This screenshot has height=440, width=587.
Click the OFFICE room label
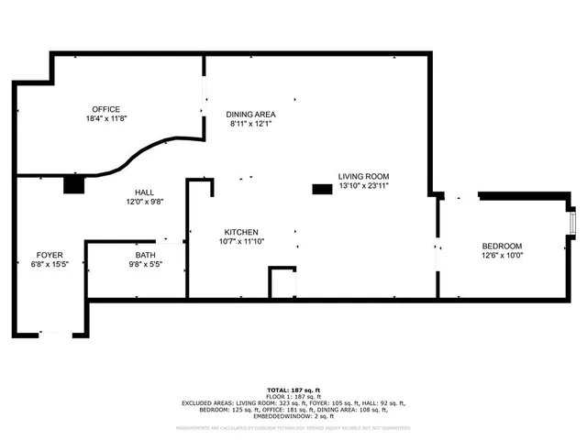point(105,109)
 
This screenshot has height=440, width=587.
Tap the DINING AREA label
point(250,115)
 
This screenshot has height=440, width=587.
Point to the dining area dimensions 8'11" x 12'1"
point(250,125)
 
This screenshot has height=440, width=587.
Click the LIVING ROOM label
point(364,176)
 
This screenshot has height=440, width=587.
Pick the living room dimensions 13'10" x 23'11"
point(364,186)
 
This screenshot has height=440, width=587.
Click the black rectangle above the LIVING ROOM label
point(322,189)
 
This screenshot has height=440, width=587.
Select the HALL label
point(144,192)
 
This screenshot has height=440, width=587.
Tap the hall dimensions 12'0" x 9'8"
point(144,202)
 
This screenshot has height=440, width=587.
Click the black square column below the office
point(73,184)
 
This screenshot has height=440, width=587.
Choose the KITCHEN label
point(241,232)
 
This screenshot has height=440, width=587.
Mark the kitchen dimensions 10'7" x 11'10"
point(241,242)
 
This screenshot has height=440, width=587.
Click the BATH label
point(146,255)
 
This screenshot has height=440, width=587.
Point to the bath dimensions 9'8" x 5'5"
point(146,265)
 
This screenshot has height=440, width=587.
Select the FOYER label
point(50,254)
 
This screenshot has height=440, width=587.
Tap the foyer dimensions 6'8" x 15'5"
point(50,264)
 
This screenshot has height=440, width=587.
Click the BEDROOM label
point(502,246)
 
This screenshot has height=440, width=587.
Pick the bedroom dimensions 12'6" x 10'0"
point(502,256)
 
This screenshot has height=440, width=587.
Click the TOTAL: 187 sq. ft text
point(293,390)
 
